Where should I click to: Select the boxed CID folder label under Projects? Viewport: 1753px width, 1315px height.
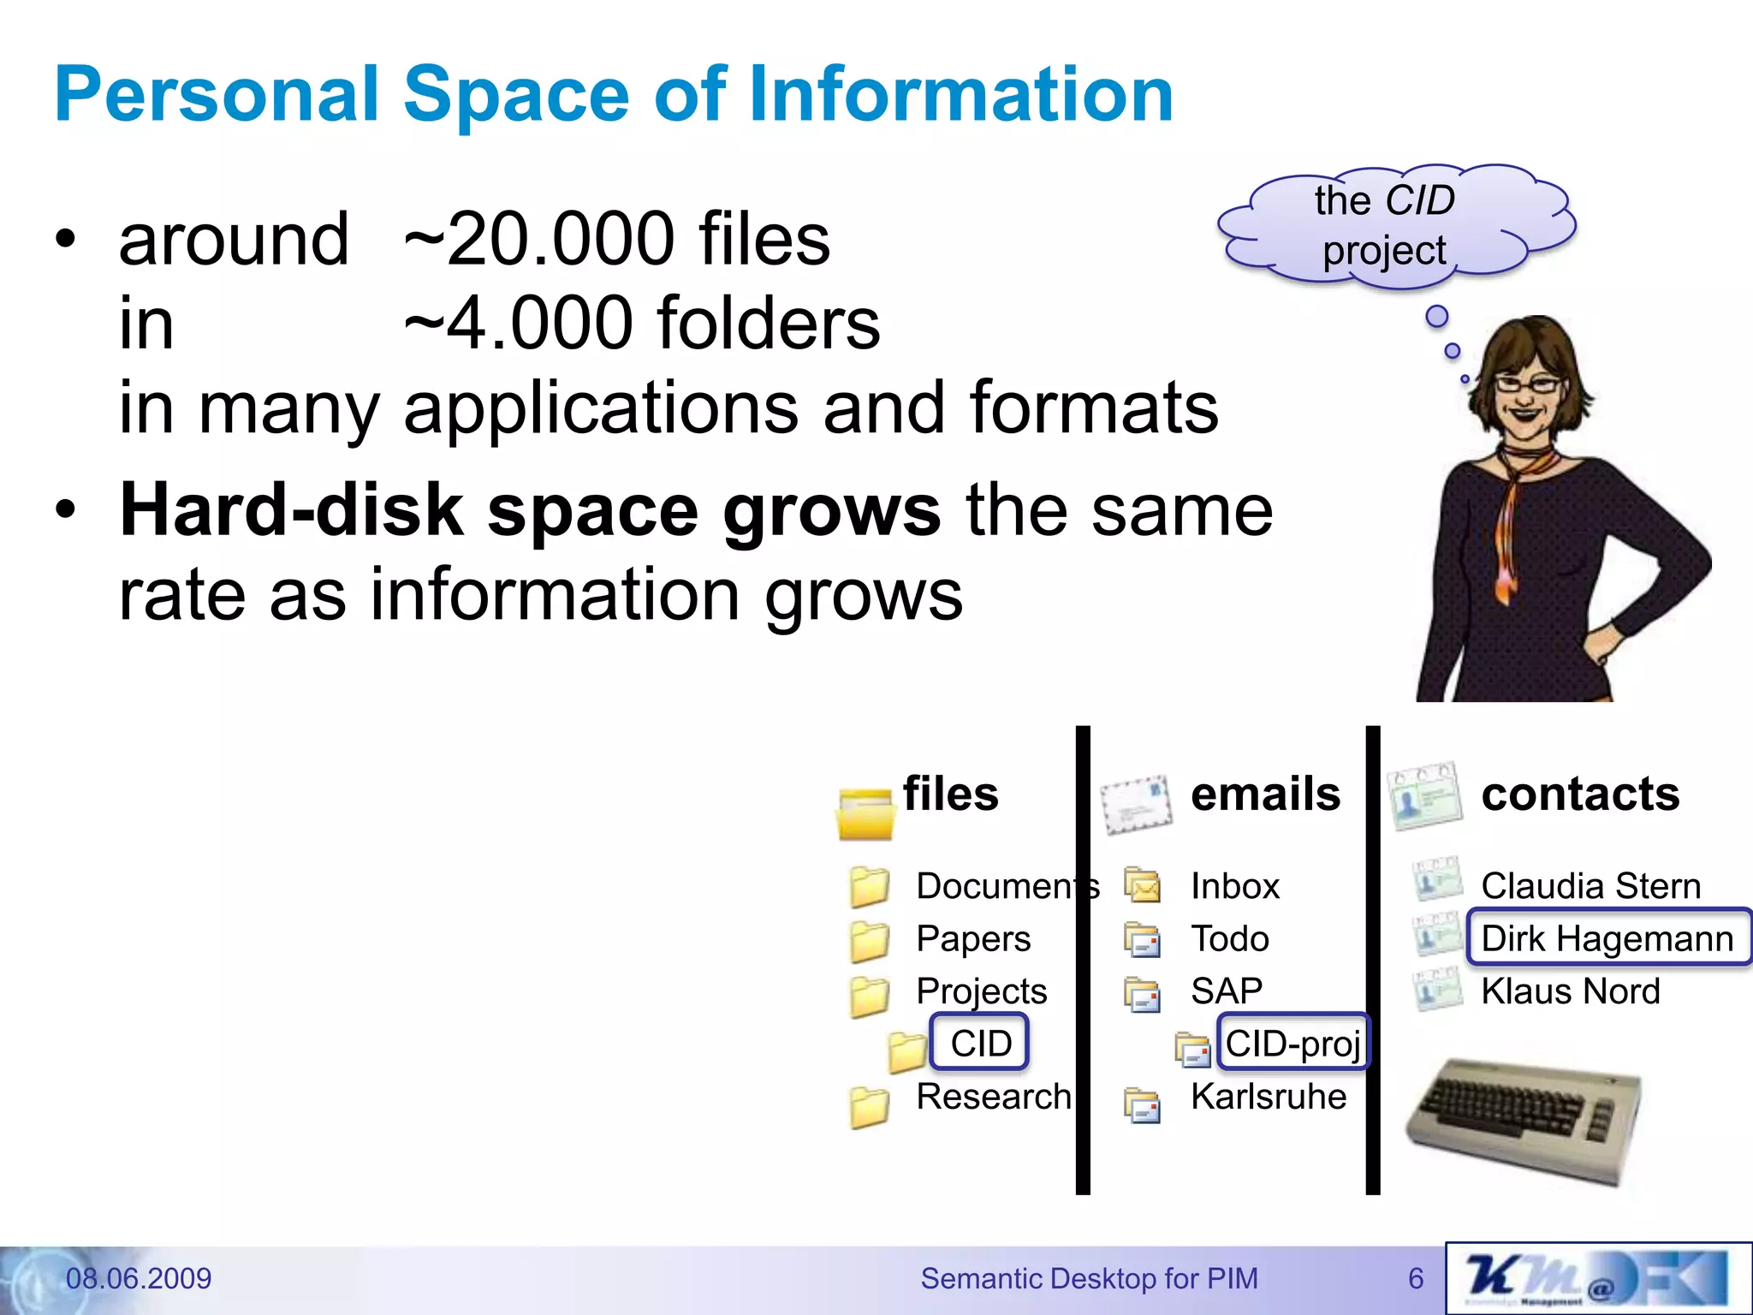pos(979,1043)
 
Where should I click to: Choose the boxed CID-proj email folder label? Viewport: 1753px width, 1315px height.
pos(1292,1043)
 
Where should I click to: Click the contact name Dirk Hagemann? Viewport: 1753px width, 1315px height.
pos(1607,938)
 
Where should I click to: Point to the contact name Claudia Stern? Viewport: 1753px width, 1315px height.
pos(1590,886)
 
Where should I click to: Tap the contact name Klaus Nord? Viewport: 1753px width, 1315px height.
pos(1570,991)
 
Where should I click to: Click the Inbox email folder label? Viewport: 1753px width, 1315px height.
pos(1234,886)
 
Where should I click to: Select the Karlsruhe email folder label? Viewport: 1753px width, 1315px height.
pos(1268,1097)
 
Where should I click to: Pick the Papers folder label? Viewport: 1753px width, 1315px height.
pos(973,938)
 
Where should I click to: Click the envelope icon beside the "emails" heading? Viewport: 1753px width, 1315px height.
pos(1136,805)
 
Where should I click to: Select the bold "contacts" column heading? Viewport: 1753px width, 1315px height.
pos(1580,794)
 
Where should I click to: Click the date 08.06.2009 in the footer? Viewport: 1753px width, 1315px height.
pos(139,1278)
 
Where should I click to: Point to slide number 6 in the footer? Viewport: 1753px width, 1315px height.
pos(1416,1278)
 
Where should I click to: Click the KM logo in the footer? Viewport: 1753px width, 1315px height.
pos(1597,1279)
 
